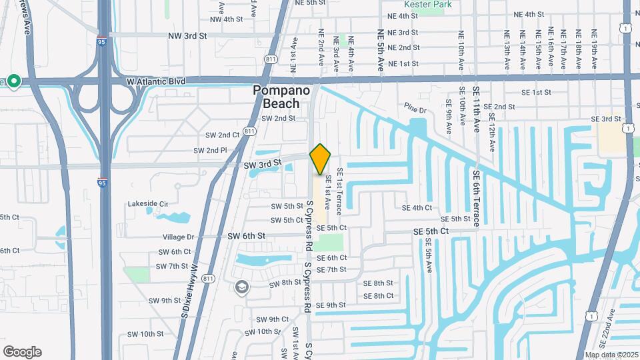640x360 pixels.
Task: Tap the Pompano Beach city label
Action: point(281,97)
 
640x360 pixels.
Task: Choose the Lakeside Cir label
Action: point(147,203)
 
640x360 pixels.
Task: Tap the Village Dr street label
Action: point(178,237)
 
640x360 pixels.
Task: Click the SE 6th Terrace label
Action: point(476,198)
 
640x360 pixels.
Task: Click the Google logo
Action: point(22,352)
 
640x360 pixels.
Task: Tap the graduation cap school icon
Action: point(241,287)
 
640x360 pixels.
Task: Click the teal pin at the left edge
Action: point(13,82)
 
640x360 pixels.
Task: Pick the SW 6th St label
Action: point(247,236)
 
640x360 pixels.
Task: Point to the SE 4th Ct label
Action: point(417,207)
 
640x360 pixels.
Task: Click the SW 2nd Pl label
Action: point(210,151)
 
